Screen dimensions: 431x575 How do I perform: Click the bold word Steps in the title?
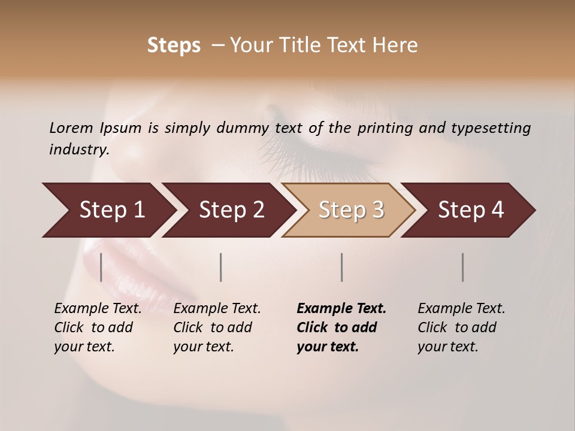coord(174,45)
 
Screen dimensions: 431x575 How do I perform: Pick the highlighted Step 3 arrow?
coord(351,210)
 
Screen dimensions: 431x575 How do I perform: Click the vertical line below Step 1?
coord(101,267)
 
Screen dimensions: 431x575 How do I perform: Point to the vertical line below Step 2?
coord(221,267)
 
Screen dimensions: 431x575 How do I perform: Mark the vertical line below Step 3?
coord(342,267)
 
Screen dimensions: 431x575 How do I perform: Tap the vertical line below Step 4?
coord(463,267)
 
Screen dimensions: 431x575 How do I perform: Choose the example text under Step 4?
coord(461,327)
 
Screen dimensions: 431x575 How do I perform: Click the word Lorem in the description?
coord(71,128)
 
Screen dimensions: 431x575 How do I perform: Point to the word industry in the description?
coord(78,150)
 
